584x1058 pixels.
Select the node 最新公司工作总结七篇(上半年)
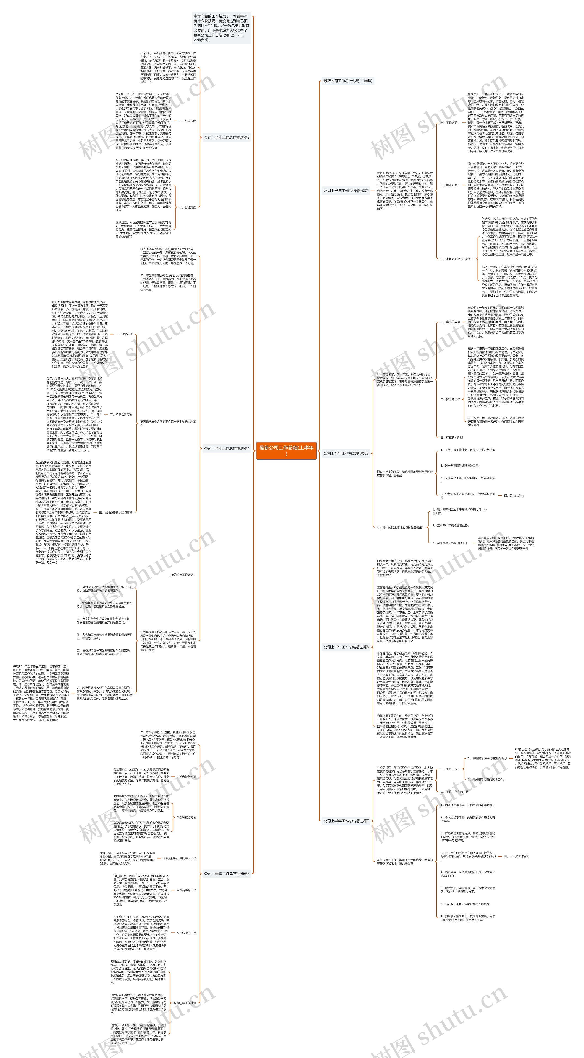[348, 81]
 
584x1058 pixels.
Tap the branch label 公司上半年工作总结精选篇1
[346, 191]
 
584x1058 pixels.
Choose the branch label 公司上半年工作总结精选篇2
[227, 137]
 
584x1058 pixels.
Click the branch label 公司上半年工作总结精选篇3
[346, 453]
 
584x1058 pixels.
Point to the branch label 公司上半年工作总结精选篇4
[227, 449]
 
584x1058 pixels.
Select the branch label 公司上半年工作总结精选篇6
[227, 874]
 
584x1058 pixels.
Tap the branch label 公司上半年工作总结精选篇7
[346, 821]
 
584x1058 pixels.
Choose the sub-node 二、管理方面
[188, 207]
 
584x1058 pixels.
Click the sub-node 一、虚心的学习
[450, 322]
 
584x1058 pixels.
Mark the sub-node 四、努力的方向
[514, 496]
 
